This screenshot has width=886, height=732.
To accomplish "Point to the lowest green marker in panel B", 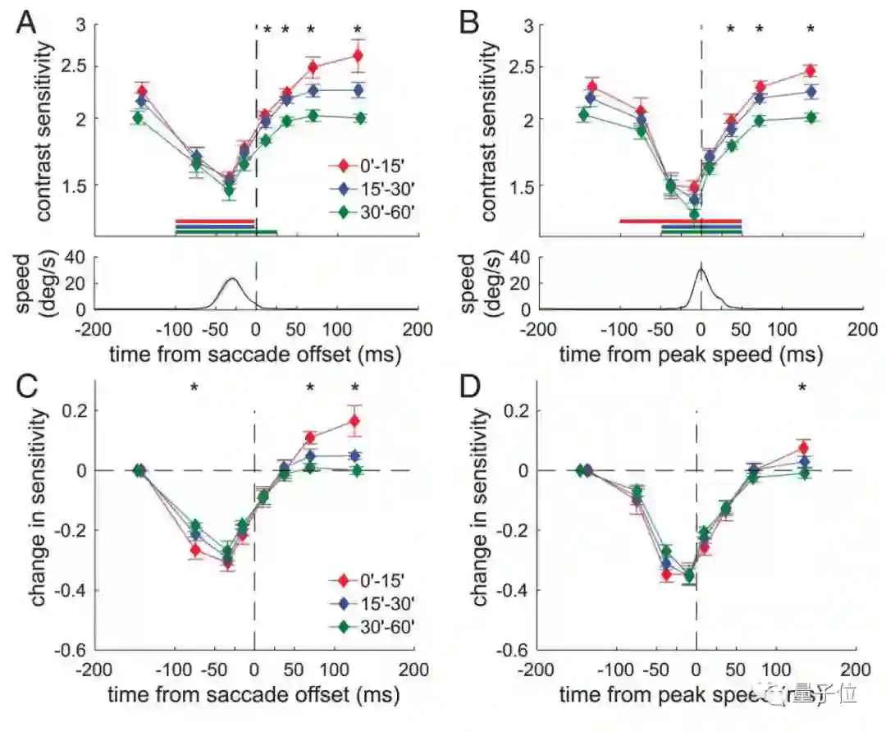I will click(694, 215).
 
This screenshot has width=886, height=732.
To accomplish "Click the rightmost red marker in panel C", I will click(354, 421).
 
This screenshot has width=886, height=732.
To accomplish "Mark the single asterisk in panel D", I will click(802, 386).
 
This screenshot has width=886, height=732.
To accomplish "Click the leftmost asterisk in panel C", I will click(194, 387).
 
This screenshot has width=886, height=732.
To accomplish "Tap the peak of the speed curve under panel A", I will click(232, 279).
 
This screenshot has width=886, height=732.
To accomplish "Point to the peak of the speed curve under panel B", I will click(701, 268).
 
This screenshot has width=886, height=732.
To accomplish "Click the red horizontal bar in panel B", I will click(680, 221).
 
